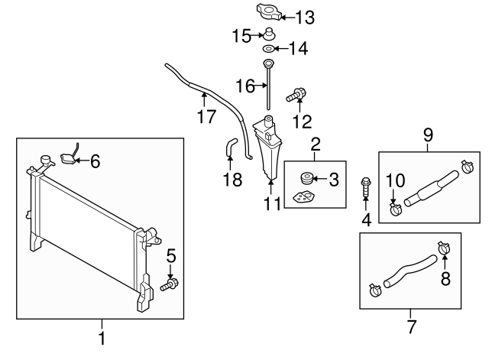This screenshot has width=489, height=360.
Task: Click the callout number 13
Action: tap(304, 16)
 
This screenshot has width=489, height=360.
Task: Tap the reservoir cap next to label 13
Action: tap(267, 14)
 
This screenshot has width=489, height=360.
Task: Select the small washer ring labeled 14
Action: tap(268, 50)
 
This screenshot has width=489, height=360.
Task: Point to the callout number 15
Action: tap(242, 34)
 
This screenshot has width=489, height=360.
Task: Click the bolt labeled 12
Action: tap(296, 96)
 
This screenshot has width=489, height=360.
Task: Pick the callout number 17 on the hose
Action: tap(204, 116)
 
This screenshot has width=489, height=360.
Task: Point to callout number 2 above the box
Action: tap(315, 142)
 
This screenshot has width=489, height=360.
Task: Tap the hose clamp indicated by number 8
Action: tap(444, 248)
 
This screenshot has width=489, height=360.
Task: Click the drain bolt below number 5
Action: tap(170, 285)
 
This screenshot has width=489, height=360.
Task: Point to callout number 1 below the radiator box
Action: tap(101, 337)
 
